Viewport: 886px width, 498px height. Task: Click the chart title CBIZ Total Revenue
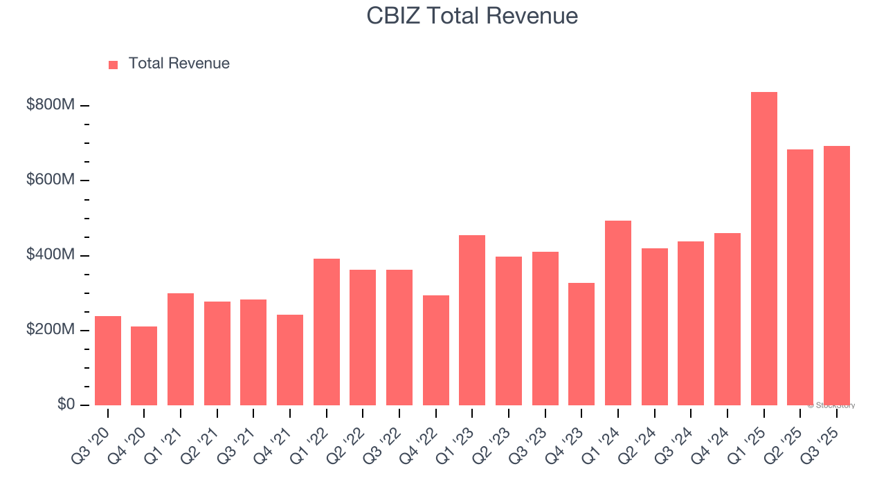pos(472,16)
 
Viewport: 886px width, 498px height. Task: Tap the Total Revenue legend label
pos(179,64)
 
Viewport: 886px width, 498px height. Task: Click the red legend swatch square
pos(114,64)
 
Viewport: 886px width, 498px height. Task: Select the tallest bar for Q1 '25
pos(763,249)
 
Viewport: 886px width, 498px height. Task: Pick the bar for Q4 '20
pos(144,366)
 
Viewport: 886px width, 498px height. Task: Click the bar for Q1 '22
pos(326,332)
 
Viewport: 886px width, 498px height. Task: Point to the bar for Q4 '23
pos(581,344)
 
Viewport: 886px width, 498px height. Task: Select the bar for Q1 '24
pos(618,313)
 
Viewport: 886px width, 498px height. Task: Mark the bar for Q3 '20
pos(108,360)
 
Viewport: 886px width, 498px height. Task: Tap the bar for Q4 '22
pos(435,350)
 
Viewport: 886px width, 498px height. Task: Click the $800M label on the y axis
pos(51,105)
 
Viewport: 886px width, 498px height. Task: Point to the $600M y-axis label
pos(51,180)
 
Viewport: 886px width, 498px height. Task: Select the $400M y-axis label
pos(51,255)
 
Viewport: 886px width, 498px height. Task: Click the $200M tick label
pos(51,330)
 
